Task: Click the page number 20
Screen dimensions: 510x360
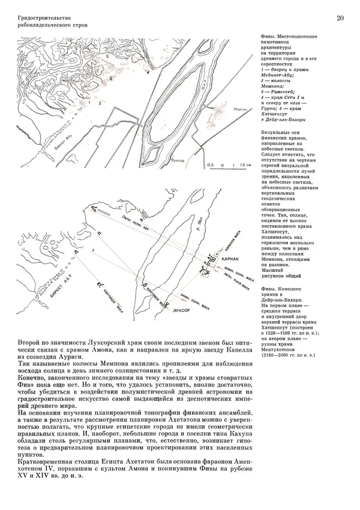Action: [x=340, y=19]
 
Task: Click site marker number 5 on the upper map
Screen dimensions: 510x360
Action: [x=109, y=55]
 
